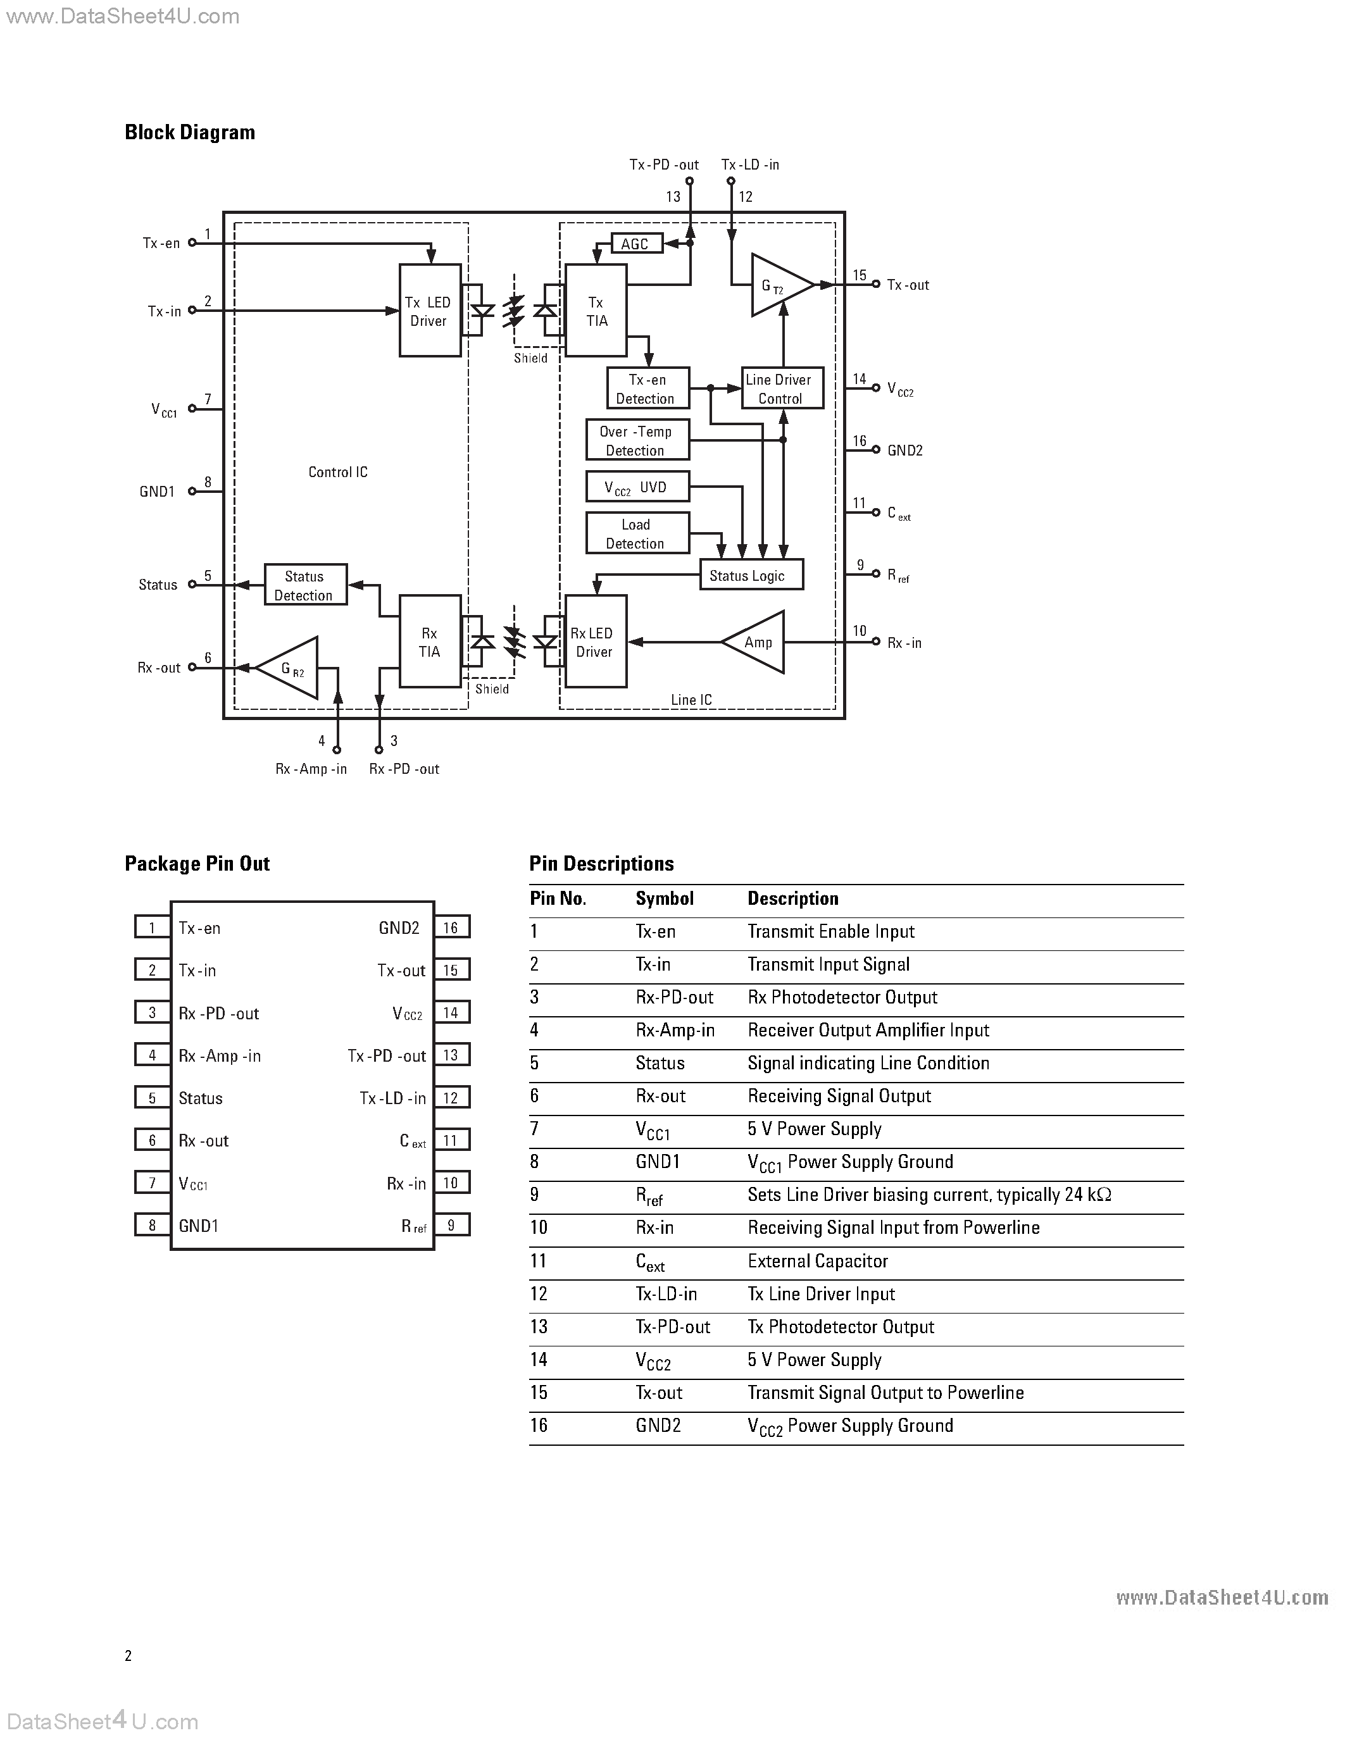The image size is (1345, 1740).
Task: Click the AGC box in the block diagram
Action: tap(636, 244)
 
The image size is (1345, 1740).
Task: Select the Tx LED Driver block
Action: tap(430, 311)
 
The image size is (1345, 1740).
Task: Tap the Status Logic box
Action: tap(751, 575)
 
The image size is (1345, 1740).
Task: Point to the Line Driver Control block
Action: tap(782, 388)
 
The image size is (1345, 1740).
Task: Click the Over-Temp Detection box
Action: tap(637, 440)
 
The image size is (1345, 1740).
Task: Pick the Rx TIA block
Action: tap(430, 642)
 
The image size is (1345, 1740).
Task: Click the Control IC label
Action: tap(338, 473)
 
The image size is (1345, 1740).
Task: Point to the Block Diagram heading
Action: tap(190, 132)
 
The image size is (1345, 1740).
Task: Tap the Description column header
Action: tap(793, 898)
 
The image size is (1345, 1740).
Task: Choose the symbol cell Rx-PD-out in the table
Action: tap(674, 997)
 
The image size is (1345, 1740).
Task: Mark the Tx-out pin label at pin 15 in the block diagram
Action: tap(908, 285)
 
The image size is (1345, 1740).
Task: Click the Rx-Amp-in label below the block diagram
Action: tap(311, 769)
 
